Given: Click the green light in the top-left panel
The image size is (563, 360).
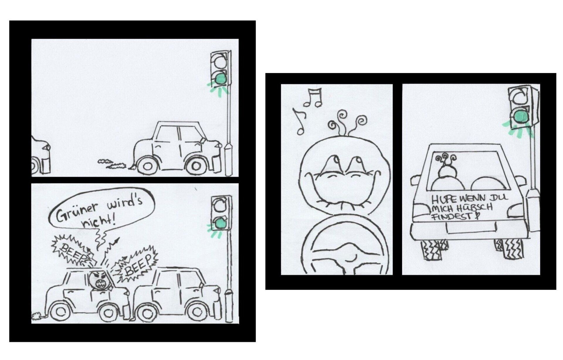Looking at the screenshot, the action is [220, 79].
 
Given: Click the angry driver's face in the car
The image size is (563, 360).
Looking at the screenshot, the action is [100, 280].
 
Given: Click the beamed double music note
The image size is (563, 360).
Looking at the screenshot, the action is [313, 98].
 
